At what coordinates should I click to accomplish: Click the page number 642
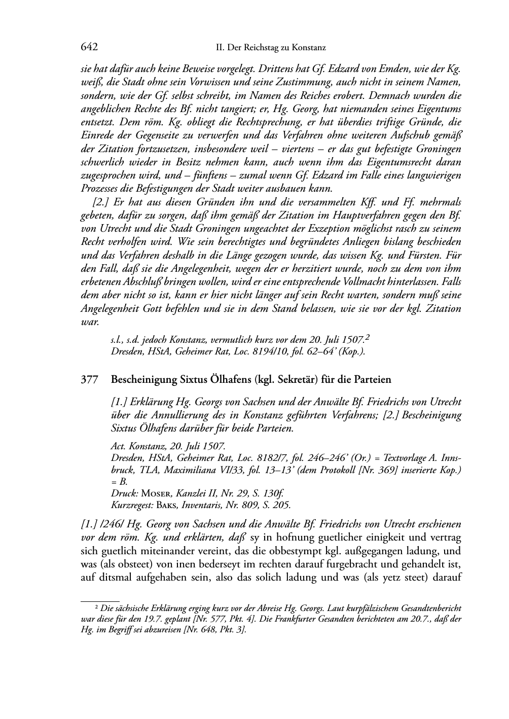pos(89,47)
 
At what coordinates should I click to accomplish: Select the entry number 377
pos(89,379)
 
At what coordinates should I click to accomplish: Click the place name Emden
pos(412,69)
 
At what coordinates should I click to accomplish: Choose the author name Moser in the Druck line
pos(154,493)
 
